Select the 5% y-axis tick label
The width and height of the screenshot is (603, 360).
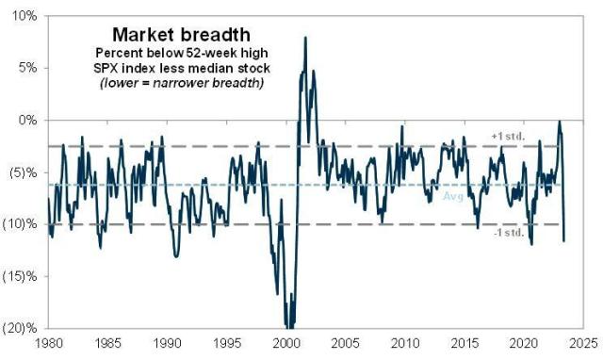click(29, 68)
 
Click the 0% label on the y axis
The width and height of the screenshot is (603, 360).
click(29, 120)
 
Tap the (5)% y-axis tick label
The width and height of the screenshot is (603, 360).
click(24, 172)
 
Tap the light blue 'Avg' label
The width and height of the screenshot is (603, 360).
click(452, 195)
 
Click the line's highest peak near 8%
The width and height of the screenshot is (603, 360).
click(305, 38)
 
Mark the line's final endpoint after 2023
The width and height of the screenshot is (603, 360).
click(564, 241)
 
